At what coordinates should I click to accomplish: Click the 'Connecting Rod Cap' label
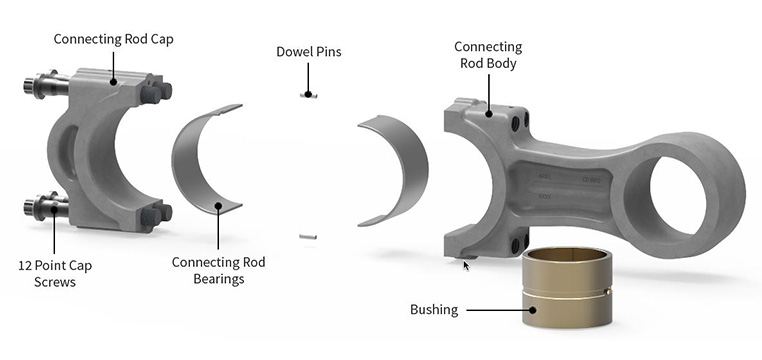(x=113, y=39)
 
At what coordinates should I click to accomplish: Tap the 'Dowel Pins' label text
(x=309, y=51)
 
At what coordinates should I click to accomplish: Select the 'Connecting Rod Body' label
(x=488, y=55)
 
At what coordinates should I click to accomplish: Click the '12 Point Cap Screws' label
(x=55, y=274)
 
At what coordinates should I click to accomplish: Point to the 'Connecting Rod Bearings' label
(x=218, y=271)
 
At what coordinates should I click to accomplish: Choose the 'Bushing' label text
(x=434, y=309)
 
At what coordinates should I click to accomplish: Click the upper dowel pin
(x=308, y=95)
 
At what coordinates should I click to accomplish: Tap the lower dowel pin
(x=308, y=237)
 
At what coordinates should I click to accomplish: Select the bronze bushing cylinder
(x=567, y=287)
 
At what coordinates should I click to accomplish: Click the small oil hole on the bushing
(x=606, y=291)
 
